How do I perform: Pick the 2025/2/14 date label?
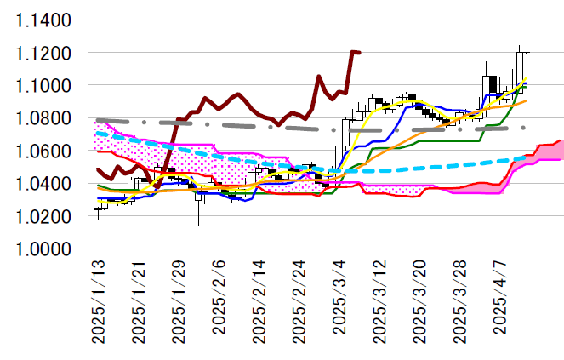point(259,302)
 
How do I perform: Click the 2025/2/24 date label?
point(300,302)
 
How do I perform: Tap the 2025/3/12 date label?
point(380,302)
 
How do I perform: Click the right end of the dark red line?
point(360,53)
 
